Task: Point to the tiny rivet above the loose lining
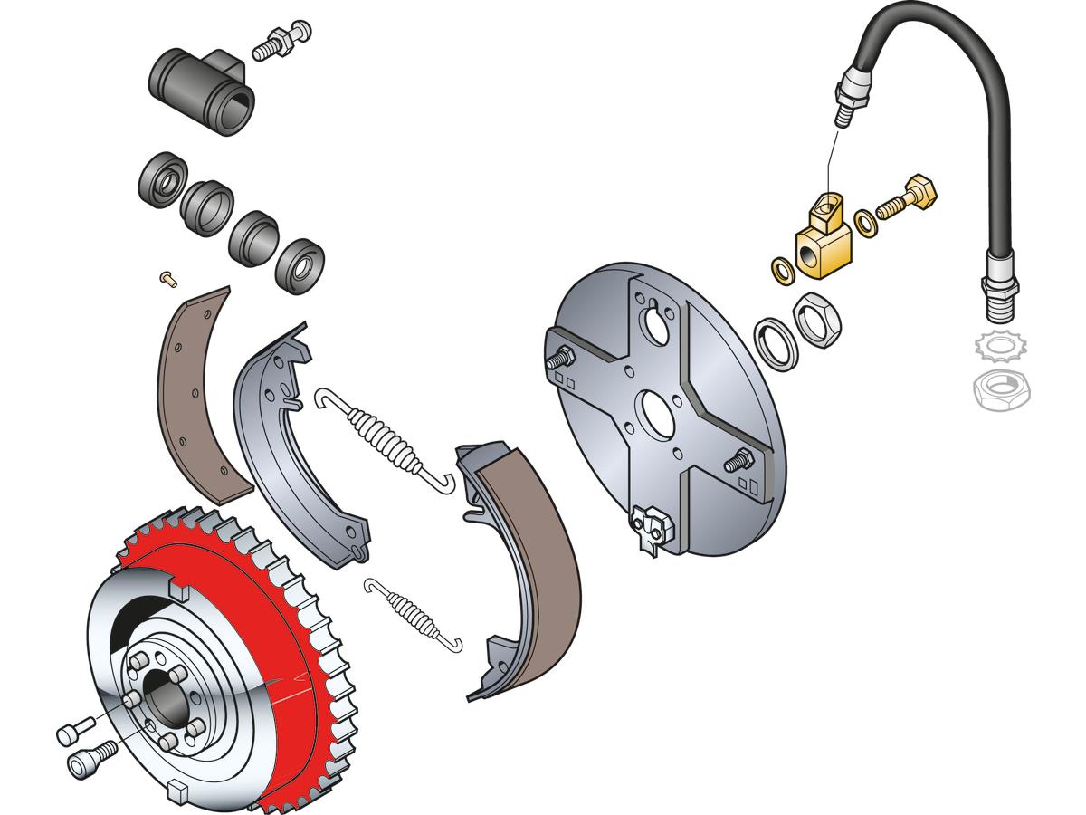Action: click(164, 277)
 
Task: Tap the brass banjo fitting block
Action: click(822, 244)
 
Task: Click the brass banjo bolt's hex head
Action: click(921, 190)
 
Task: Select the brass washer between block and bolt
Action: click(867, 220)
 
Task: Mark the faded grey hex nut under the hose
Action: click(999, 389)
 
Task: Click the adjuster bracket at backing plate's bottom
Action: click(651, 528)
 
